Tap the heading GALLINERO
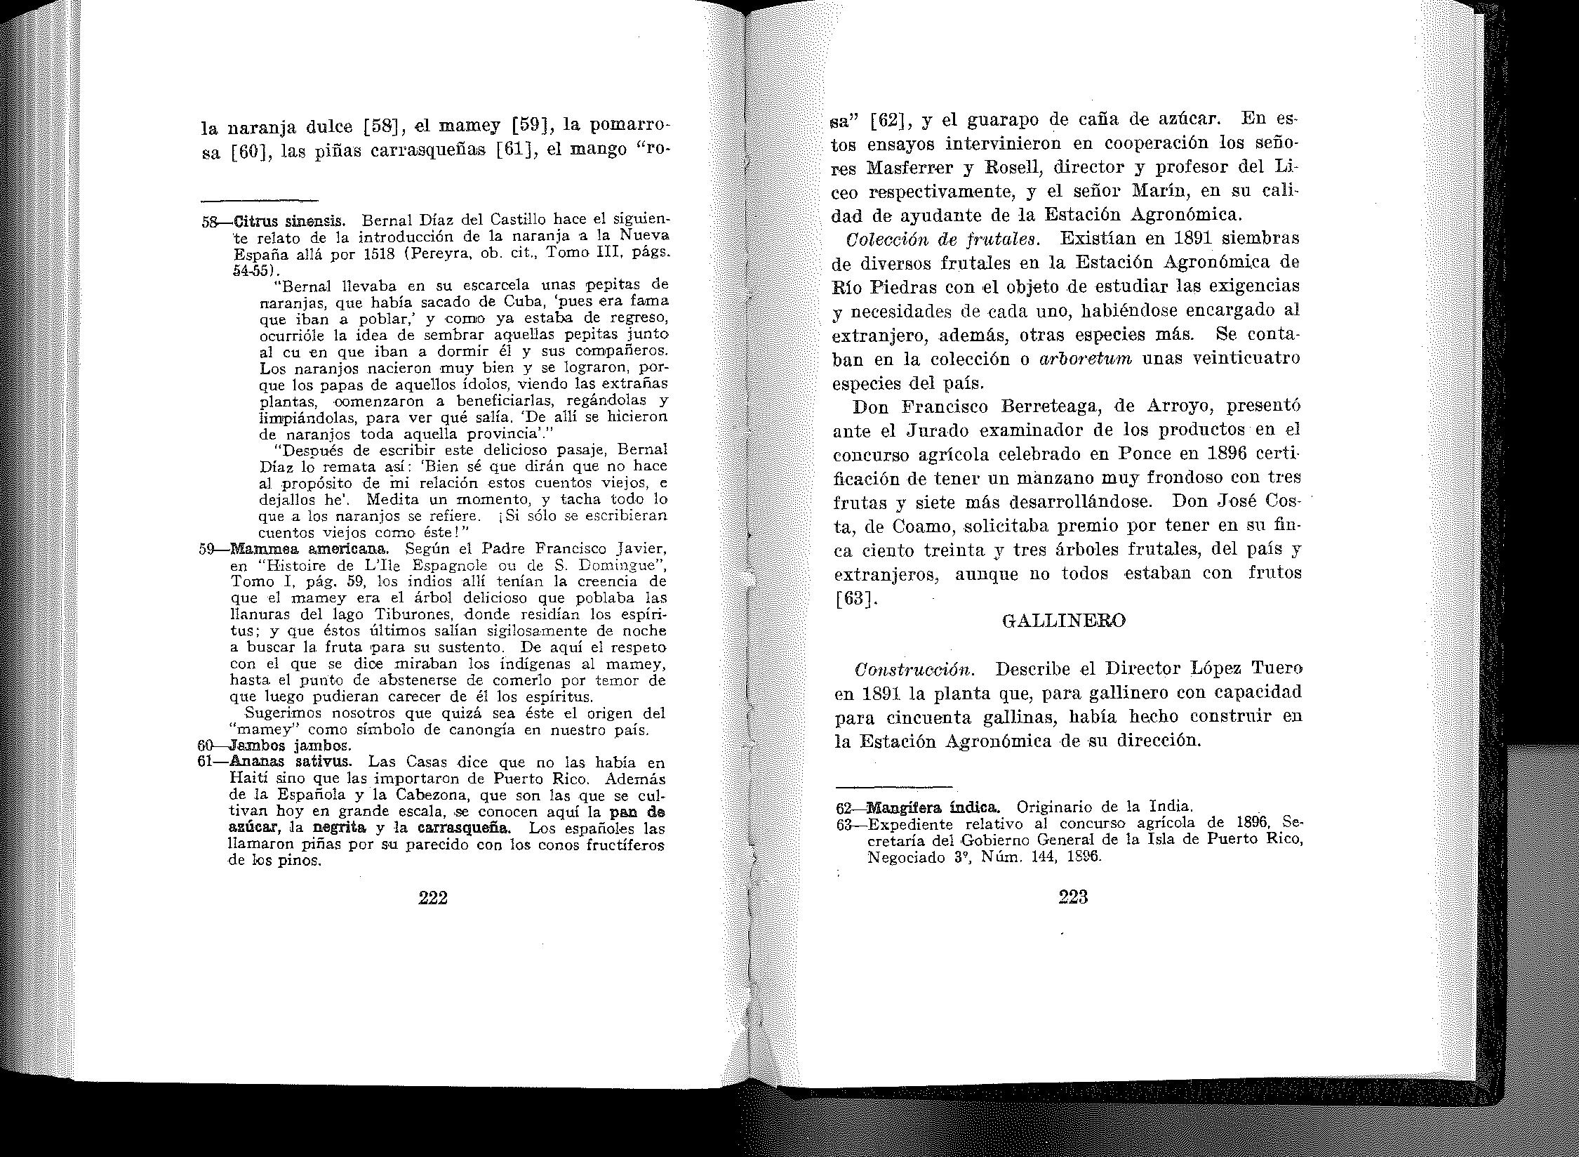coord(1065,621)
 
